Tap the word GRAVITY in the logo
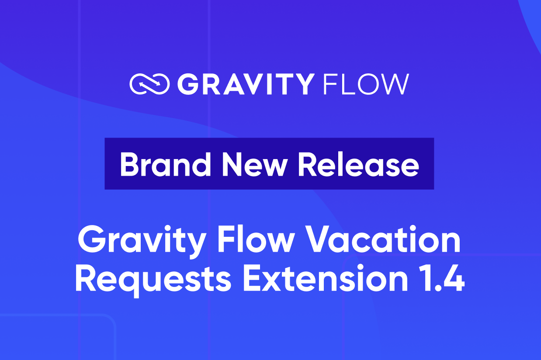[x=246, y=84]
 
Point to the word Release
[x=359, y=165]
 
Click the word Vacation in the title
[x=384, y=239]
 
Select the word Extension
[x=325, y=278]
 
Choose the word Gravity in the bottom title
[x=142, y=242]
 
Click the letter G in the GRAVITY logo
[x=188, y=84]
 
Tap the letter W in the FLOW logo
[x=395, y=84]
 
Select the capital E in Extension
[x=253, y=278]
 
